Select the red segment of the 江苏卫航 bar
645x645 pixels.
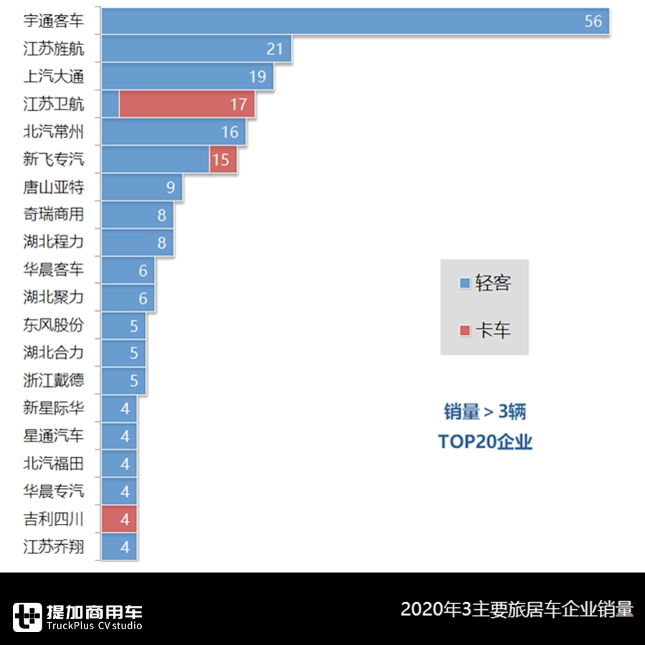pos(186,104)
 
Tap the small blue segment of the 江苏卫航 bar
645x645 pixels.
pos(110,104)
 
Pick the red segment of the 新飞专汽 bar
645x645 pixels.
pos(223,159)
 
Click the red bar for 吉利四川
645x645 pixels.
pos(119,519)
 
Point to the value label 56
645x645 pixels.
pos(593,21)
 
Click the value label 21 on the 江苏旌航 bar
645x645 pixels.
pos(275,49)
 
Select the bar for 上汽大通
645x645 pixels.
pos(186,77)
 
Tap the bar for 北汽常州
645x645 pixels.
pos(173,132)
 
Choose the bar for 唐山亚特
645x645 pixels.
pos(141,187)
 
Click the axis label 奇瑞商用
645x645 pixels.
pos(53,214)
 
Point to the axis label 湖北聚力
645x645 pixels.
pos(53,297)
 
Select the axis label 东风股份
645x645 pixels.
pos(53,325)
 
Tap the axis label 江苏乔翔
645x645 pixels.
pos(53,547)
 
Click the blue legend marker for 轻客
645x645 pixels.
pos(464,283)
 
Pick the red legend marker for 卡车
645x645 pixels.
pos(464,330)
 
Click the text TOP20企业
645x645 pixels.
pos(485,441)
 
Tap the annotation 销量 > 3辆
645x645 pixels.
pos(485,411)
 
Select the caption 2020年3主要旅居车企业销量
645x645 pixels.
pos(517,609)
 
